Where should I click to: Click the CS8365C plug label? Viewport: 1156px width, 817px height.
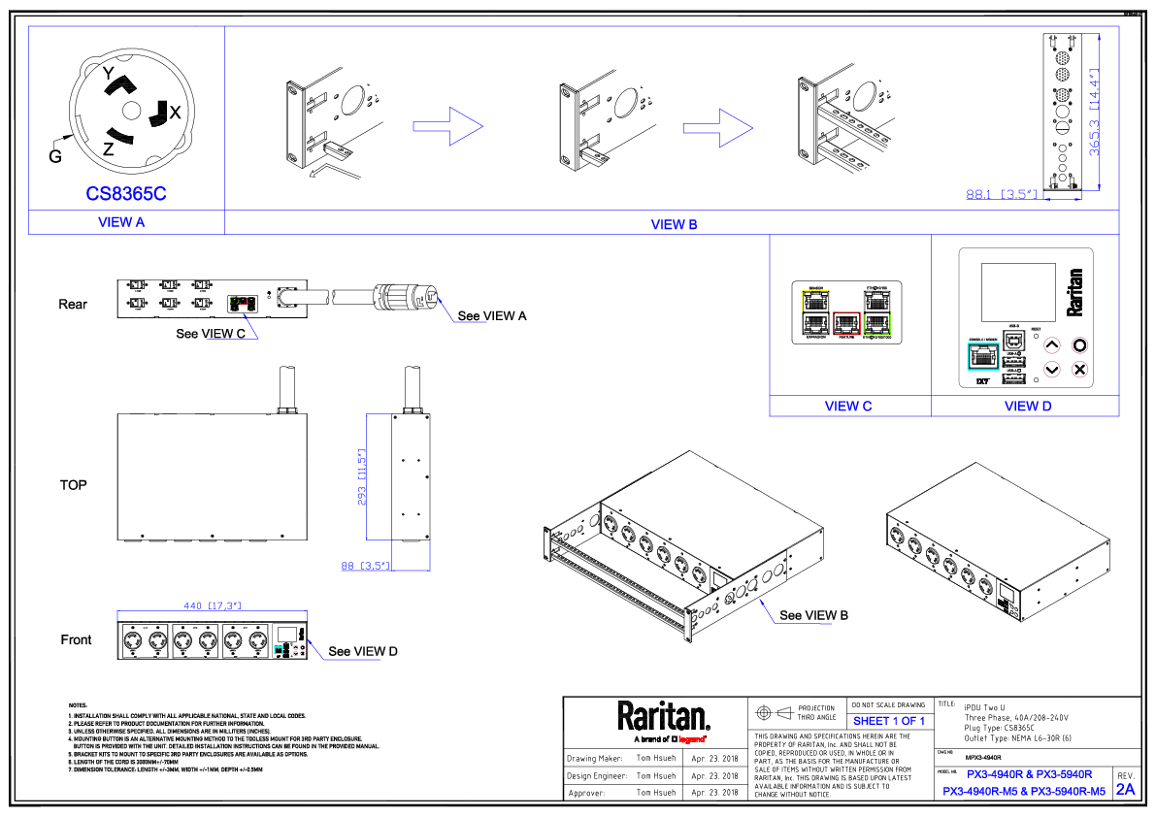click(126, 194)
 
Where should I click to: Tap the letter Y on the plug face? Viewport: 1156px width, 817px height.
click(109, 74)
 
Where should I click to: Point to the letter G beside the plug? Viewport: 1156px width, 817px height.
click(55, 153)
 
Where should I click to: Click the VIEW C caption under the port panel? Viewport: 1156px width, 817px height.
click(848, 407)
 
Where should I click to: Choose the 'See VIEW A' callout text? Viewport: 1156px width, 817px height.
click(492, 315)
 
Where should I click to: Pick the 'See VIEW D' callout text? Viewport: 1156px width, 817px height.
click(363, 651)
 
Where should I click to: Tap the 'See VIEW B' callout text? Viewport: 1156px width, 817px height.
click(814, 615)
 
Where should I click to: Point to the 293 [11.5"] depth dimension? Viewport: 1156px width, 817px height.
click(362, 476)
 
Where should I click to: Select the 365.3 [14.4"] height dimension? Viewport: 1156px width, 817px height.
click(1094, 112)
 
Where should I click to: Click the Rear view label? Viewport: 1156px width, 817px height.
click(73, 305)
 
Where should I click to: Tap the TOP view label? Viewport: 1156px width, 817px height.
click(74, 485)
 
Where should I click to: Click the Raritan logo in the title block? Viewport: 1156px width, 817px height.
click(664, 719)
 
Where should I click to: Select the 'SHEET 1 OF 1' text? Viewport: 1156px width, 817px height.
click(888, 721)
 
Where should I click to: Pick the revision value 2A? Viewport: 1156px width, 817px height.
click(1125, 789)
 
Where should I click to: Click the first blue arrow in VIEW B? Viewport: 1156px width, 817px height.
click(446, 126)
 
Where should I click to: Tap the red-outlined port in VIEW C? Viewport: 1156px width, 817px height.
click(847, 322)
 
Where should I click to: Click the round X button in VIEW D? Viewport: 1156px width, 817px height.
click(1079, 370)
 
